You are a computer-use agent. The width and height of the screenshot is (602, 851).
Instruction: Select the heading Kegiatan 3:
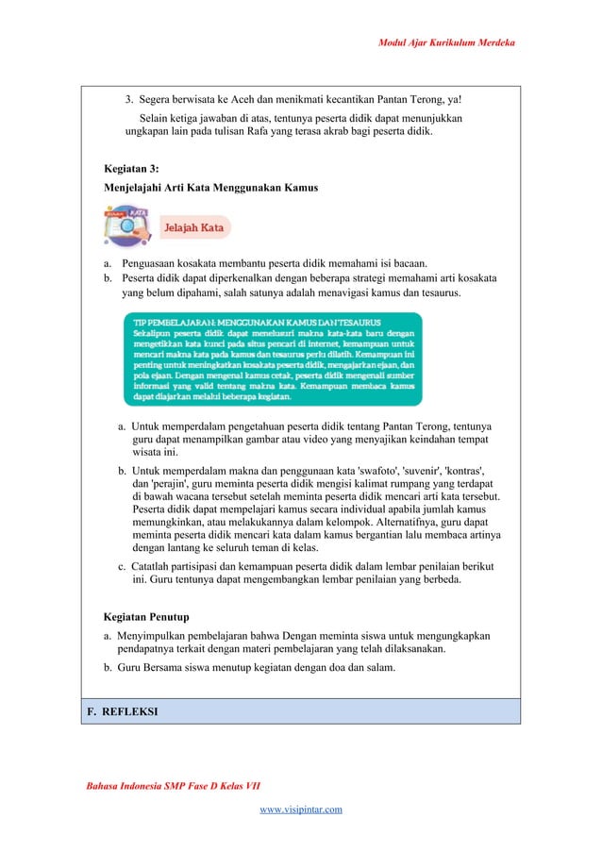point(131,169)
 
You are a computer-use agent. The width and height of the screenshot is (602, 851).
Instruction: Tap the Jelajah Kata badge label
point(194,228)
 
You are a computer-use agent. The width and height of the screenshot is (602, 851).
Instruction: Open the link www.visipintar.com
point(301,809)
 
